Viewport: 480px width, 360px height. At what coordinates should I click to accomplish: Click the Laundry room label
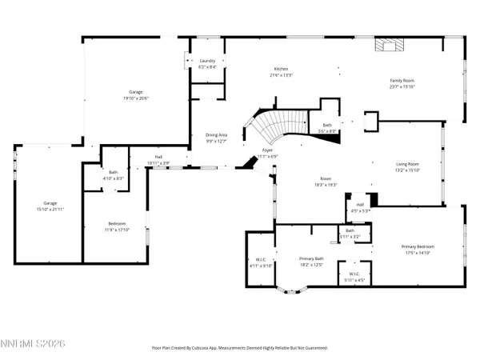(207, 64)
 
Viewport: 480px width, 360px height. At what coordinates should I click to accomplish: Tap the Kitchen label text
(280, 72)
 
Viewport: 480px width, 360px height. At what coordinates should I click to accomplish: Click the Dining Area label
(217, 138)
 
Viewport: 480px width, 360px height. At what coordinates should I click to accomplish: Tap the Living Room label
(407, 166)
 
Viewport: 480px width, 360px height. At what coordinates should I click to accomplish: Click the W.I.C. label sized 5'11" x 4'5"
(354, 277)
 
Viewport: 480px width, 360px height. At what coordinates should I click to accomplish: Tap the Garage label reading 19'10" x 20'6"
(136, 95)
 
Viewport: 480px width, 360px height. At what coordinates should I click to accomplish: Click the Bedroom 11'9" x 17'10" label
(118, 227)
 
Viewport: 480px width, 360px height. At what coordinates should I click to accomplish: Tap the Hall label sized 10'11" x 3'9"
(158, 159)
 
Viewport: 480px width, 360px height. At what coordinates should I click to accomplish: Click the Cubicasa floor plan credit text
(239, 348)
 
